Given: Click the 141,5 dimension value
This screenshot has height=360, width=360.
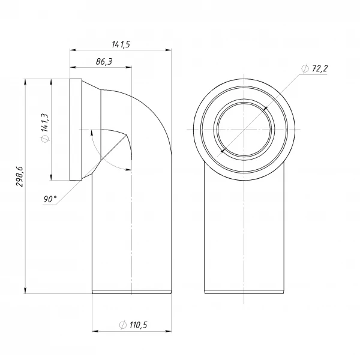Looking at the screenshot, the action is click(121, 44).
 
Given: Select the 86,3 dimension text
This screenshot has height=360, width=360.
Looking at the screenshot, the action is click(104, 62).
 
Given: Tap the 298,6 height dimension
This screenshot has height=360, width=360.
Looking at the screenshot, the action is click(20, 176).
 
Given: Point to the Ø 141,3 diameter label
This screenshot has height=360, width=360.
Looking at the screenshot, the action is click(45, 128).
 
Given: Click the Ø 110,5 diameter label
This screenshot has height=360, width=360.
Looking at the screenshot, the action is click(133, 325).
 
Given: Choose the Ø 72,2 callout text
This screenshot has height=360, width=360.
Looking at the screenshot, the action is click(314, 68).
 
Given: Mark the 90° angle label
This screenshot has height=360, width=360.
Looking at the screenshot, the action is click(50, 199).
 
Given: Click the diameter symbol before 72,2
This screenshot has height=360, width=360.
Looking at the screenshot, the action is click(305, 68).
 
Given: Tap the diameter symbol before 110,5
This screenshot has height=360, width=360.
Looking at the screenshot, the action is click(123, 325).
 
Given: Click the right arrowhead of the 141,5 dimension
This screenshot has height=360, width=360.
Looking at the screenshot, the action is click(169, 50).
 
